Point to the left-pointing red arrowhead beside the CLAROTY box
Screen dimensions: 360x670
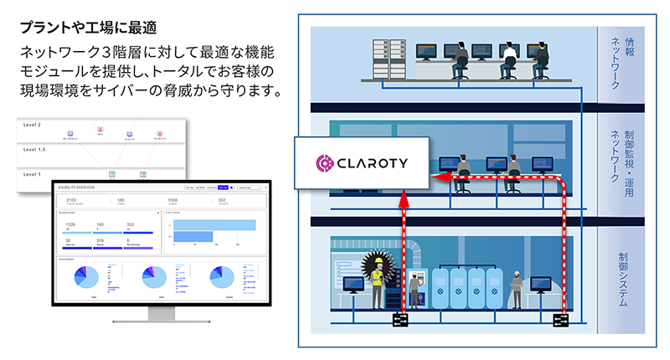(x=435, y=178)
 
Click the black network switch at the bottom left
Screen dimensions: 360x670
(x=399, y=320)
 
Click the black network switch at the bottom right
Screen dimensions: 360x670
(x=560, y=320)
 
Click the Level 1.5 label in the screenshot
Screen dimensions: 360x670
(x=39, y=149)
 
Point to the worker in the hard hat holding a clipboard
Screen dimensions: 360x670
(x=518, y=282)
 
